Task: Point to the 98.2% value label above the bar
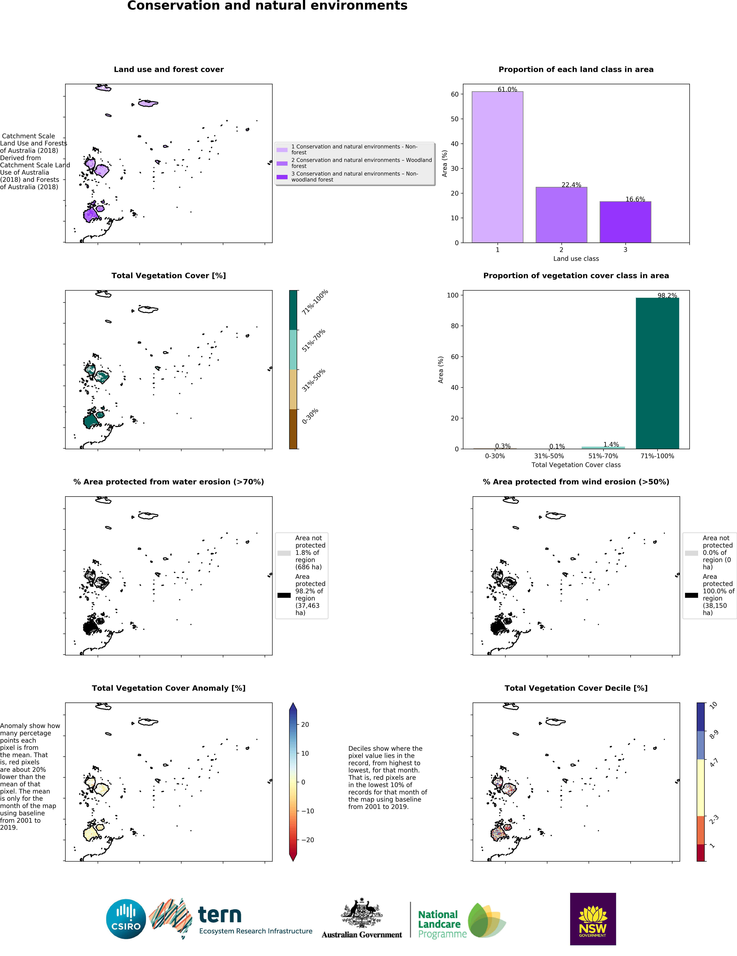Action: [x=667, y=296]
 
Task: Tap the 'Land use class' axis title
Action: [x=576, y=259]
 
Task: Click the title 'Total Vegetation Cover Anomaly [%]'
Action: [x=169, y=688]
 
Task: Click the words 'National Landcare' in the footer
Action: [x=439, y=919]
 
